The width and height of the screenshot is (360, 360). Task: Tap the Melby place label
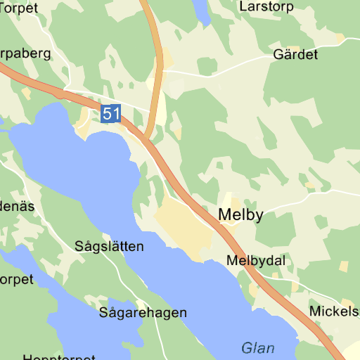point(241,215)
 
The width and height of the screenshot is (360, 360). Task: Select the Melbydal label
point(256,261)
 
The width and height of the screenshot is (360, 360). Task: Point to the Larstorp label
point(266,7)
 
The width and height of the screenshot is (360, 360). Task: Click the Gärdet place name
point(295,54)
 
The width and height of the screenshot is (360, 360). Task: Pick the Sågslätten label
point(109,247)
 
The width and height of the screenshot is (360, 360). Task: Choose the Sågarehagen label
point(143,313)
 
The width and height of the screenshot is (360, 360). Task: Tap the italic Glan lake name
point(258,347)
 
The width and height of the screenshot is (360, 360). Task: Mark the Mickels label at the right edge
point(334,311)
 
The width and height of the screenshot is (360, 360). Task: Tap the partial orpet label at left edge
point(16,279)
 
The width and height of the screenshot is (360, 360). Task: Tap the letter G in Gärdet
point(278,55)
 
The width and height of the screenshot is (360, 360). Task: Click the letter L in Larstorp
point(243,7)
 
